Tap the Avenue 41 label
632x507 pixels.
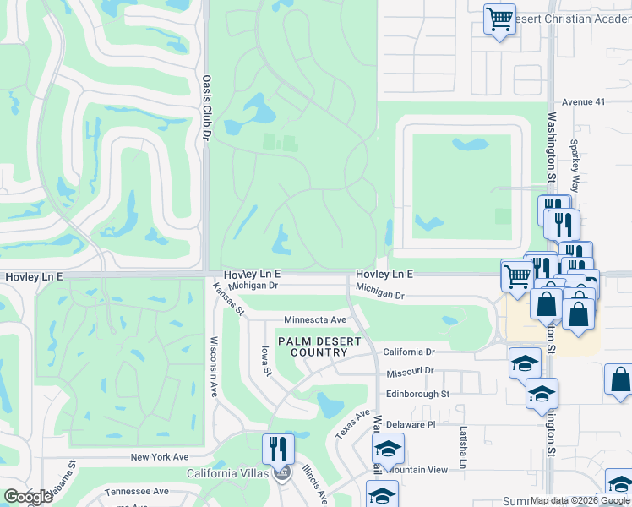tap(585, 101)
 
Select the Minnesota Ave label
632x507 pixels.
tap(315, 320)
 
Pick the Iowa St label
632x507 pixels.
tap(265, 359)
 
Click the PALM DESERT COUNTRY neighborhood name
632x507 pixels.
tap(319, 346)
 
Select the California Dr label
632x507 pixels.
tap(408, 352)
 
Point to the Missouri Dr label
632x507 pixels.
tap(410, 372)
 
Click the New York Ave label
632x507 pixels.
tap(159, 457)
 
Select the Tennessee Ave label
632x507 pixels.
tap(137, 491)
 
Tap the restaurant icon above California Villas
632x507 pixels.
tap(278, 448)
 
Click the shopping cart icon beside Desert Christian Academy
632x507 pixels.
tap(499, 19)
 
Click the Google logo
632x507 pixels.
tap(29, 497)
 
